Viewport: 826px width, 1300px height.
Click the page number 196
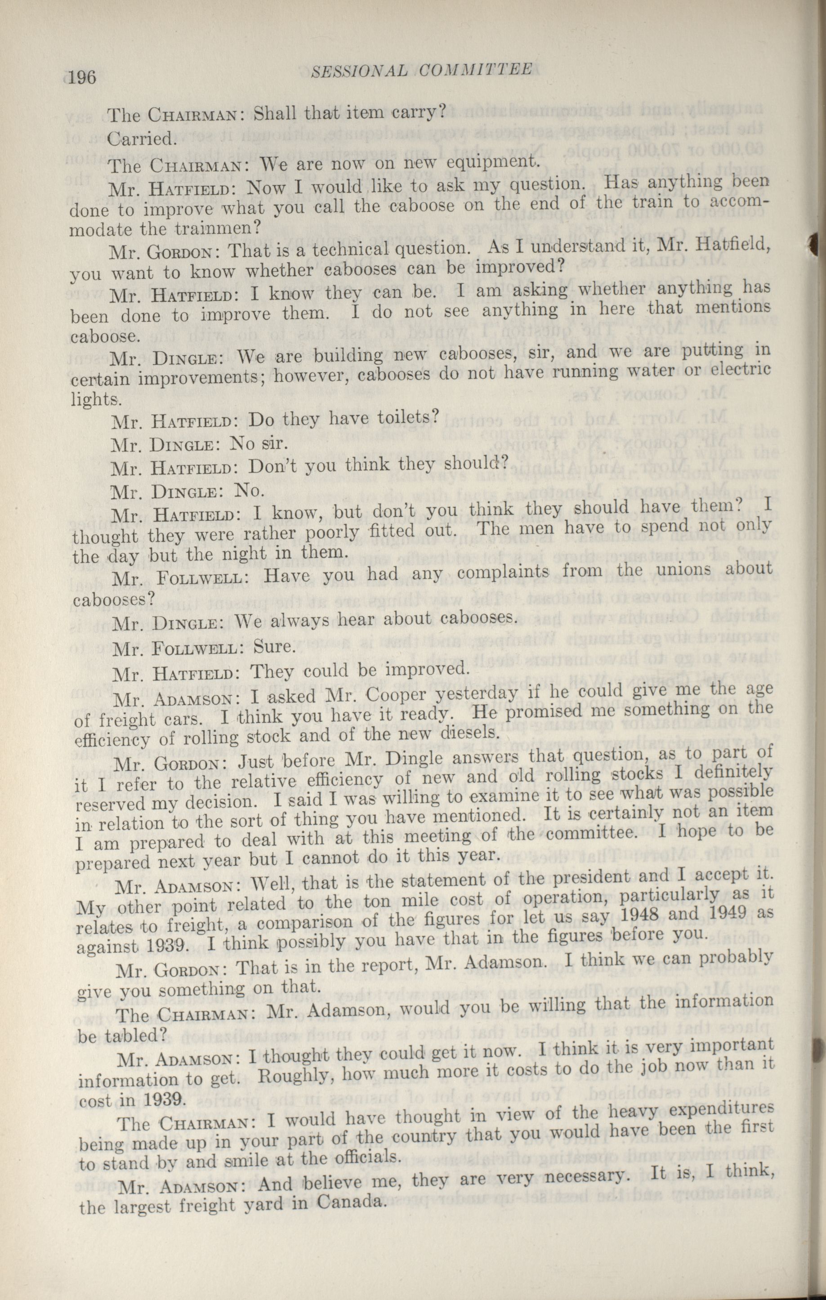tap(83, 78)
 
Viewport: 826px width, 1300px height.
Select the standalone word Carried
tap(142, 139)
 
